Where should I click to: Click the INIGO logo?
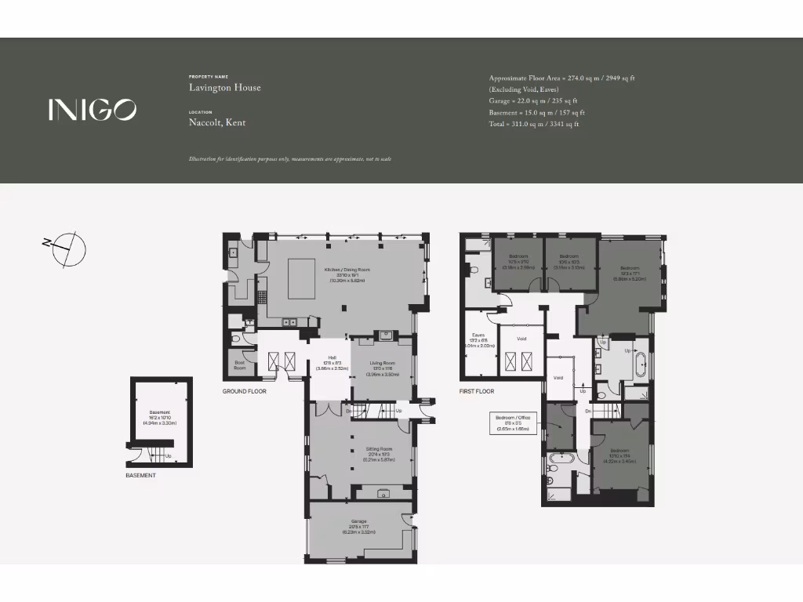point(92,110)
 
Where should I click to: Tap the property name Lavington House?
point(224,88)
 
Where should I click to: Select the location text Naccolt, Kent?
point(218,123)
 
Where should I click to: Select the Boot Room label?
point(240,364)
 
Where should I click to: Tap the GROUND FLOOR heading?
point(245,391)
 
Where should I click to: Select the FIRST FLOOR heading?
point(477,391)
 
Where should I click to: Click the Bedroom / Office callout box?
point(513,423)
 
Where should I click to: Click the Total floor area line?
point(533,125)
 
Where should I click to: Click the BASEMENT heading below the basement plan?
point(141,475)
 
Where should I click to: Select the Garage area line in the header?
point(533,101)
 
